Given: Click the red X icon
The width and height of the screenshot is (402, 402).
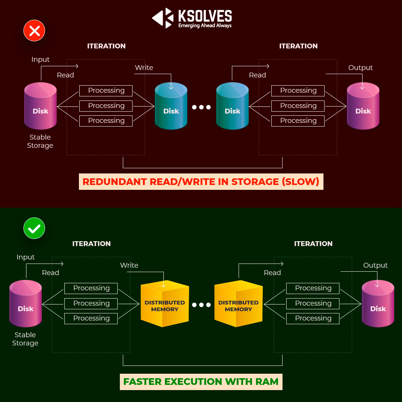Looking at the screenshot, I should coord(34,31).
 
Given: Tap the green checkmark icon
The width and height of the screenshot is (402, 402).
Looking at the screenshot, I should coord(34,228).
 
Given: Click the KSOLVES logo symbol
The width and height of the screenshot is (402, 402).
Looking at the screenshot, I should coord(163,18).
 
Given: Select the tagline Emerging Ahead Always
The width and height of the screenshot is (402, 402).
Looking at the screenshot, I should coord(205,26).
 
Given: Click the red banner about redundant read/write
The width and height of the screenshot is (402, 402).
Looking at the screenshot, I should coord(201,182).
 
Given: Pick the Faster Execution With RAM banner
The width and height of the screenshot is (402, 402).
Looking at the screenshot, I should coord(201,382).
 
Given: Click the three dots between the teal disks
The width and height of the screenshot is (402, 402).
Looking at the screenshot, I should coord(201,107).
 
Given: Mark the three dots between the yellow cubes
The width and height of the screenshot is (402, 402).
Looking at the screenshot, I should coord(201,305).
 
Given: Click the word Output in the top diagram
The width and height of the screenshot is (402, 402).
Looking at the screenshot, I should coord(360,68).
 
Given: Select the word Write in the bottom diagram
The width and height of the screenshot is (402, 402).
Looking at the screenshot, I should coord(129,265).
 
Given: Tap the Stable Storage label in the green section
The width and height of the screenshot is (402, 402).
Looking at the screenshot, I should coord(25,339).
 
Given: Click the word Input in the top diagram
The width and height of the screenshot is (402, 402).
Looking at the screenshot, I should coord(41,60).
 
